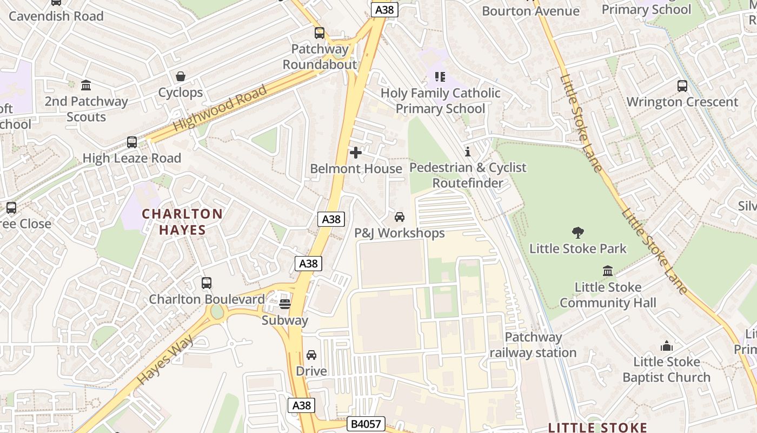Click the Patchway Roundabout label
(320, 57)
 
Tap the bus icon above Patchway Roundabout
(320, 33)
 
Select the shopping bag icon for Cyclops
(181, 76)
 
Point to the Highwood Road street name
(220, 108)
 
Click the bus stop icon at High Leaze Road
(132, 142)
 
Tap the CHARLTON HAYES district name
(182, 222)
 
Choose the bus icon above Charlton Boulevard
(207, 283)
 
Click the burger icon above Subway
(285, 304)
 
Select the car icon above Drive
(311, 355)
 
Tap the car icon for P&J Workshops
(400, 217)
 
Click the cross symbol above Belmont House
(356, 153)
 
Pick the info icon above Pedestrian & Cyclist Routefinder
(468, 152)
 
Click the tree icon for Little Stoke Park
(578, 233)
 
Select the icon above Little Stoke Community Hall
(608, 271)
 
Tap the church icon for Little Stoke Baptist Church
(667, 346)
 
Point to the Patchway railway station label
(533, 345)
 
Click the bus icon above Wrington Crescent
(682, 86)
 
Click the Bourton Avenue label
(530, 11)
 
